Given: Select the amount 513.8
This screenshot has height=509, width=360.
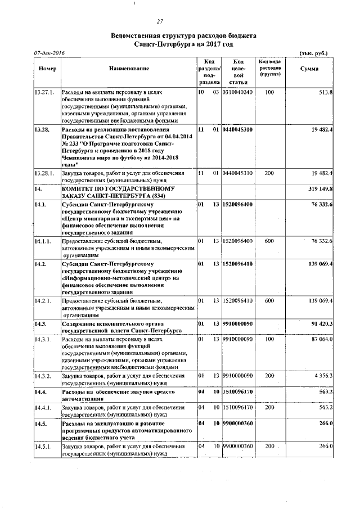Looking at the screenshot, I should click(x=326, y=92).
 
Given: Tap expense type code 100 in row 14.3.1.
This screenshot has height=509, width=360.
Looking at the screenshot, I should click(x=269, y=340).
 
